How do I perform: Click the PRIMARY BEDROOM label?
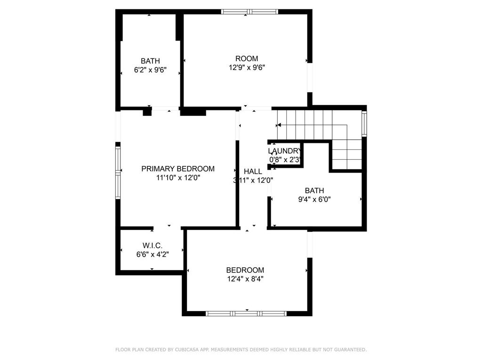point(178,169)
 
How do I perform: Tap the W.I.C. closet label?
point(153,246)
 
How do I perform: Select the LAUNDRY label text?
point(284,151)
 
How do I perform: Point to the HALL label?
point(253,172)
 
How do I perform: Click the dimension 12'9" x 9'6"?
point(247,67)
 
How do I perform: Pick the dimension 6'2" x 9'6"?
point(150,70)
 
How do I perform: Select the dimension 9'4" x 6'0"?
point(314,199)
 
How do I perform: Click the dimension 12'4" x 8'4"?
point(245,279)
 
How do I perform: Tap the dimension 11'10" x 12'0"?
point(178,178)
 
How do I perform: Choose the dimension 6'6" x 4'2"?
point(153,255)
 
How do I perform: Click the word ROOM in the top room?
point(247,58)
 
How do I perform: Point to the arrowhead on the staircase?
point(279,125)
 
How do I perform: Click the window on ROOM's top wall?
point(249,12)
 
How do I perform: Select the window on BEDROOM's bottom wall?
point(247,313)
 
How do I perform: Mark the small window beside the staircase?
point(364,123)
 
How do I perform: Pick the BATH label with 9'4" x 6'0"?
point(314,190)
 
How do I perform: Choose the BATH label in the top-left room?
point(150,61)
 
